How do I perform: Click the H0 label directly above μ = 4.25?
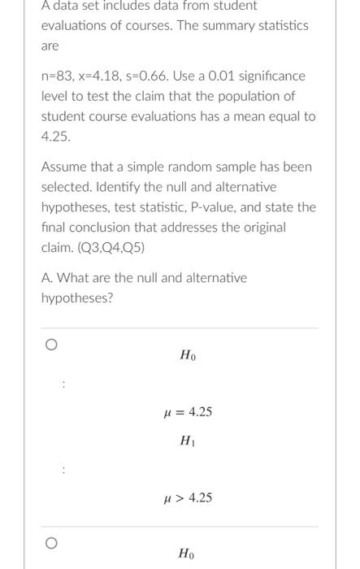pyautogui.click(x=188, y=355)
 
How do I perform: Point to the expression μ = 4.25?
pyautogui.click(x=188, y=412)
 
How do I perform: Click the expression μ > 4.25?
pyautogui.click(x=188, y=497)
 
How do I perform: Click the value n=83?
pyautogui.click(x=57, y=76)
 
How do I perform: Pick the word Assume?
pyautogui.click(x=63, y=167)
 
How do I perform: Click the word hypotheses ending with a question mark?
pyautogui.click(x=77, y=298)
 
